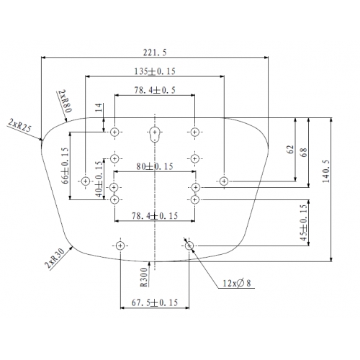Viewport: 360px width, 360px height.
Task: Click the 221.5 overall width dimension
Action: [155, 53]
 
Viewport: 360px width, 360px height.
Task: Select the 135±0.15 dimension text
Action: [155, 71]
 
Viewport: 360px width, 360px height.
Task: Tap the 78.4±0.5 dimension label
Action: [155, 90]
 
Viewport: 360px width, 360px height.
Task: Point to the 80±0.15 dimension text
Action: [155, 166]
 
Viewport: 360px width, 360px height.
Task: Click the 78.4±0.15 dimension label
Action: [155, 216]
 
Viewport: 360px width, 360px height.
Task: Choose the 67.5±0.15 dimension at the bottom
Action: [155, 302]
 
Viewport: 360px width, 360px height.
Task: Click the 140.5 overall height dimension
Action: [326, 171]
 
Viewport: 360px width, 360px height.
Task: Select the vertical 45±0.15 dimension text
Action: [304, 222]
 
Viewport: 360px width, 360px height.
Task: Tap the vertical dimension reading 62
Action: [290, 149]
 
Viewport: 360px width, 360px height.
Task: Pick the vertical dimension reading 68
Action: [304, 153]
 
